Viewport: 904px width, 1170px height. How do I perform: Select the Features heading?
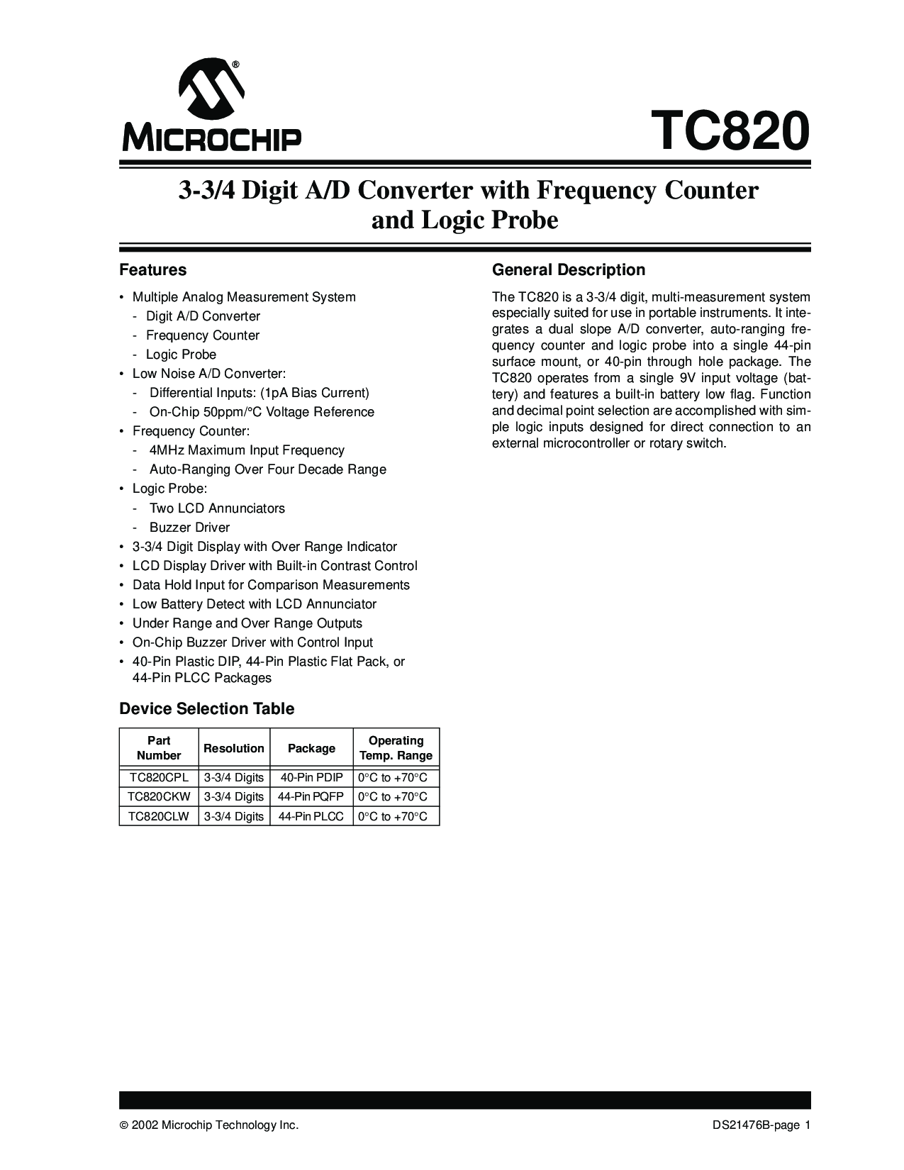pyautogui.click(x=152, y=270)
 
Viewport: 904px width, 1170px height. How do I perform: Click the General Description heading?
pyautogui.click(x=568, y=270)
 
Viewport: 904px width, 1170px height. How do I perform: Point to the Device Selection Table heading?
pyautogui.click(x=206, y=709)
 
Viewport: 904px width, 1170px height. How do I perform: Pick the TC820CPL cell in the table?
pyautogui.click(x=159, y=777)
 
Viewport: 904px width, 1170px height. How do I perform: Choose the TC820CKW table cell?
pyautogui.click(x=159, y=797)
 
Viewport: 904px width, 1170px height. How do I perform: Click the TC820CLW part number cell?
pyautogui.click(x=159, y=817)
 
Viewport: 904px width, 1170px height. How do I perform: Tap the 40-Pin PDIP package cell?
pyautogui.click(x=311, y=777)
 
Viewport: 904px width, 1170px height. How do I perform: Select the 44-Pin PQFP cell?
pyautogui.click(x=311, y=797)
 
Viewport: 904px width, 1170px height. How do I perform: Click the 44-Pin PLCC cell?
pyautogui.click(x=311, y=817)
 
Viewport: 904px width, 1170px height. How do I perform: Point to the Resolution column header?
pyautogui.click(x=233, y=748)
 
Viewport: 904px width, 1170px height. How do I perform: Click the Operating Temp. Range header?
pyautogui.click(x=396, y=748)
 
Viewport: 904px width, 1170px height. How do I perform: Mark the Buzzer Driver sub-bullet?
pyautogui.click(x=189, y=528)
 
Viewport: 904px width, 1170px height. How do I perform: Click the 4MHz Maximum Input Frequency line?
pyautogui.click(x=247, y=450)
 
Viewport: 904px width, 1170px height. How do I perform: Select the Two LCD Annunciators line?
pyautogui.click(x=217, y=508)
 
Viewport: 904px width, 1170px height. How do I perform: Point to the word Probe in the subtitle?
pyautogui.click(x=525, y=221)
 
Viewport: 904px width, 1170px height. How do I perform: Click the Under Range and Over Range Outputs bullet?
pyautogui.click(x=247, y=623)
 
